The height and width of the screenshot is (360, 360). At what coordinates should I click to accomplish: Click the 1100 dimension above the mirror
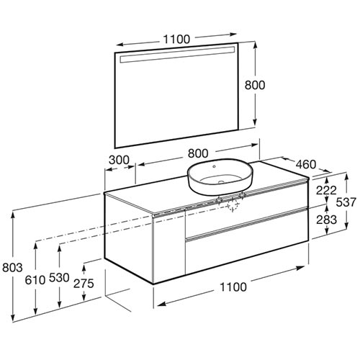176,39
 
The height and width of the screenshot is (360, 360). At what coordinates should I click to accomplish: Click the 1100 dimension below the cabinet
233,287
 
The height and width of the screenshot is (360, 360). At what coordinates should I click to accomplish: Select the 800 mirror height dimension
255,85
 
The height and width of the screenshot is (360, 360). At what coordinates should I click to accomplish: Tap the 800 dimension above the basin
198,153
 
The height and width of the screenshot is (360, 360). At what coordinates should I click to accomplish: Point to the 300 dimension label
119,160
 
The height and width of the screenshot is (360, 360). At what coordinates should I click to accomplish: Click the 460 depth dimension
306,164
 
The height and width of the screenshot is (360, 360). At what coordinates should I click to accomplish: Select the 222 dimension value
326,190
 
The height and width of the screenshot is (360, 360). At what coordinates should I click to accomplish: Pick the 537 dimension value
346,202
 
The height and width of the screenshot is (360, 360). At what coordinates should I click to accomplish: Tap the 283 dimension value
326,220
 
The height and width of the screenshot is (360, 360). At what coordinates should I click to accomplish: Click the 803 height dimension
12,267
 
